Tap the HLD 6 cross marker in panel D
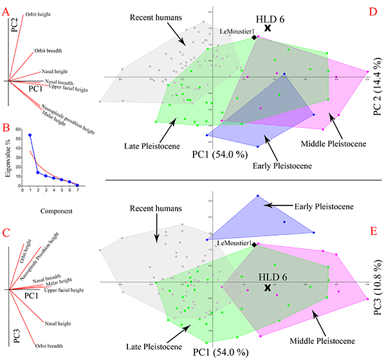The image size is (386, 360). click(x=267, y=28)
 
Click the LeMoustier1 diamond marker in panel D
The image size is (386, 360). click(x=254, y=37)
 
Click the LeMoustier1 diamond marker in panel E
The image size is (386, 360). click(x=254, y=245)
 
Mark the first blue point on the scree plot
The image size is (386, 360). click(x=30, y=135)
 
